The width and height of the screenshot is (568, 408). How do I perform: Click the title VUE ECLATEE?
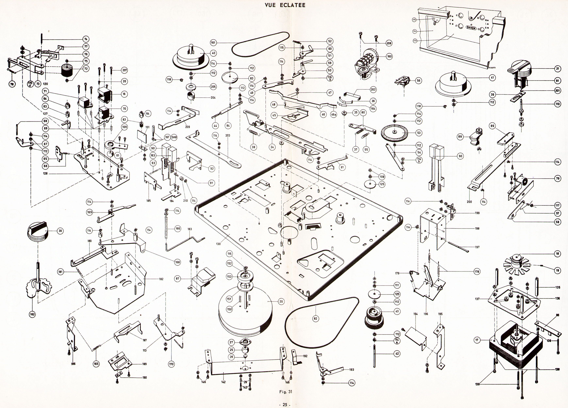(x=285, y=5)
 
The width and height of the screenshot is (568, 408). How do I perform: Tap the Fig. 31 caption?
(x=286, y=392)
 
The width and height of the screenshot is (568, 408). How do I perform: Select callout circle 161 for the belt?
(x=213, y=43)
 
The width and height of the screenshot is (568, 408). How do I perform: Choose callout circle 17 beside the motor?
(x=477, y=340)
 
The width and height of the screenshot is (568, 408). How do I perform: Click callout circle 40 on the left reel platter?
(x=213, y=53)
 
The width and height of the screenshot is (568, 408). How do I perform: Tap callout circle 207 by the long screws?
(x=124, y=70)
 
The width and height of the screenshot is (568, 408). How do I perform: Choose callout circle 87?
(x=178, y=279)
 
